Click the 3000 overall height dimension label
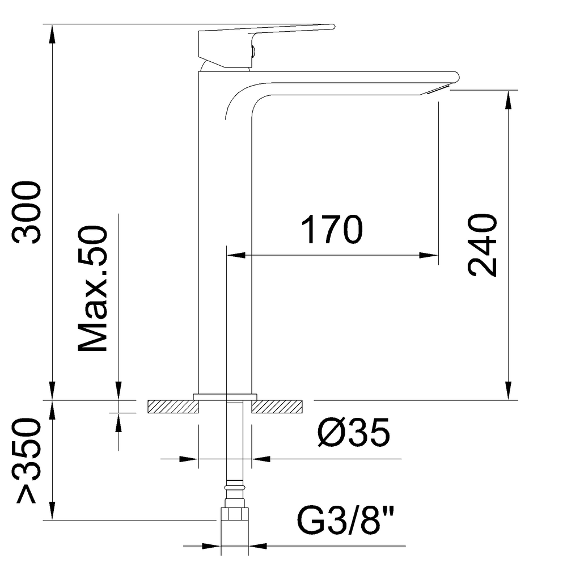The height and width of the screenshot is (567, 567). (27, 212)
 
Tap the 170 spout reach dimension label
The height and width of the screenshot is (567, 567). (332, 230)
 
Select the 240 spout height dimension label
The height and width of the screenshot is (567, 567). (482, 245)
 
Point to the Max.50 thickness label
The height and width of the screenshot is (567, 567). (92, 289)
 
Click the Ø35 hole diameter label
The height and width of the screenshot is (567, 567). (354, 432)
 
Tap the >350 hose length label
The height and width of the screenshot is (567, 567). (27, 460)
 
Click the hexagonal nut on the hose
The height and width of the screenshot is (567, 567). (235, 514)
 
